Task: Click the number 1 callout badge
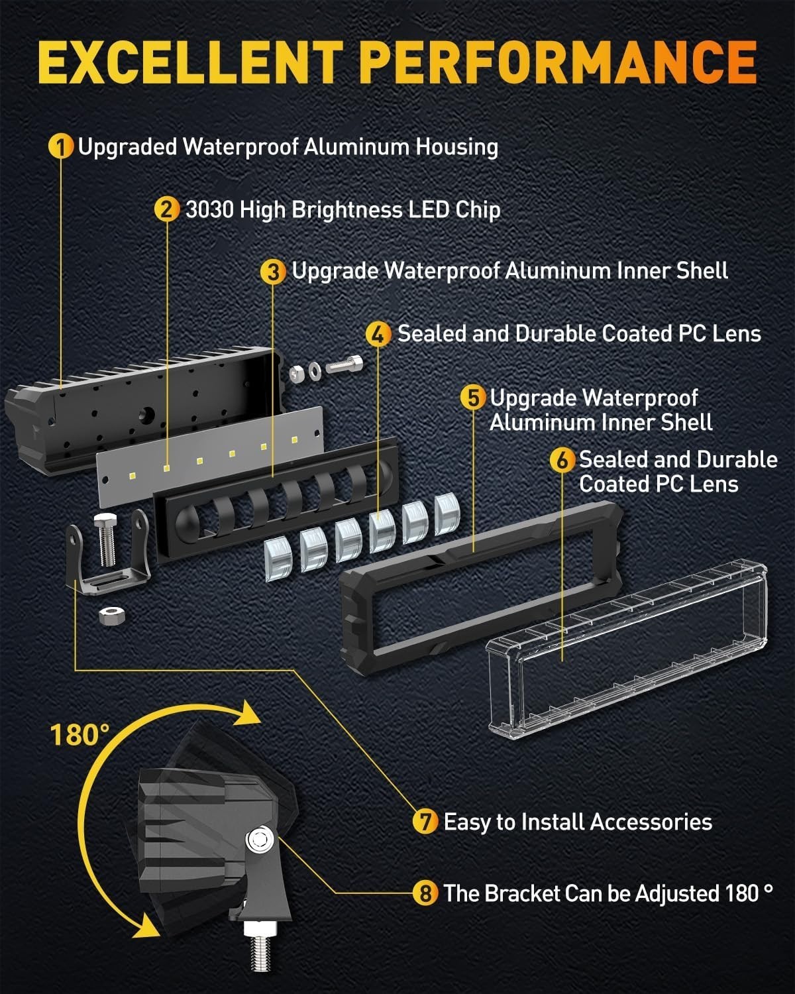(x=61, y=146)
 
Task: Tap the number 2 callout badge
(x=166, y=209)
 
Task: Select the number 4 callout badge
(x=378, y=333)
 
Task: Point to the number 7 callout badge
(x=425, y=822)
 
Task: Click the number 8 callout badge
(x=425, y=893)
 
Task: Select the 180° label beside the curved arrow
(x=79, y=734)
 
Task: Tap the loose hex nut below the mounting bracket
(x=110, y=614)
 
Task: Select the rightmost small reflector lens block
(x=447, y=514)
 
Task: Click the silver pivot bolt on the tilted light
(x=259, y=841)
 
